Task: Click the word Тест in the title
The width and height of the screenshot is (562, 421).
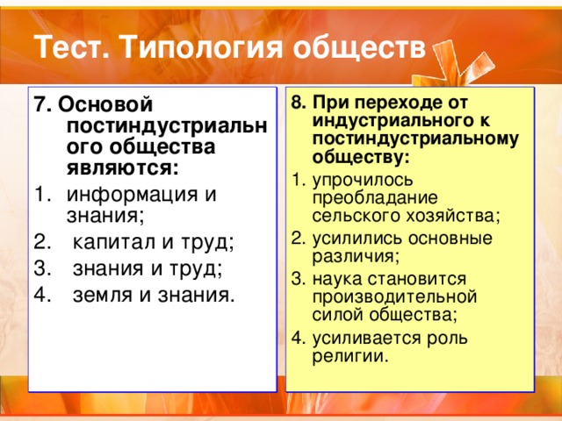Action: pyautogui.click(x=72, y=46)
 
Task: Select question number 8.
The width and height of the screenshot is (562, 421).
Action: pyautogui.click(x=299, y=103)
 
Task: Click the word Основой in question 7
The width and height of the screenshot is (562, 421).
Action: pyautogui.click(x=105, y=104)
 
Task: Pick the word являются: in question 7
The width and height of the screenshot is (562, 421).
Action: pyautogui.click(x=123, y=168)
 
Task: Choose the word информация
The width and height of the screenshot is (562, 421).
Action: pyautogui.click(x=132, y=195)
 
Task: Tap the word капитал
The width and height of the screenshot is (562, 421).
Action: pyautogui.click(x=115, y=243)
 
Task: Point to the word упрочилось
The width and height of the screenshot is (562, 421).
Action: pyautogui.click(x=363, y=181)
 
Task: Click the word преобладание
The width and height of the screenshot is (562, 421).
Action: pyautogui.click(x=375, y=199)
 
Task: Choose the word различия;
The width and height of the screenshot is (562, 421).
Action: pyautogui.click(x=356, y=257)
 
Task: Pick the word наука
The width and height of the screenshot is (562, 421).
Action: pyautogui.click(x=337, y=280)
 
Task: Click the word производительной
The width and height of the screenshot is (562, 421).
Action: pyautogui.click(x=394, y=297)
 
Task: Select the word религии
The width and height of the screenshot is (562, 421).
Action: pyautogui.click(x=350, y=357)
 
